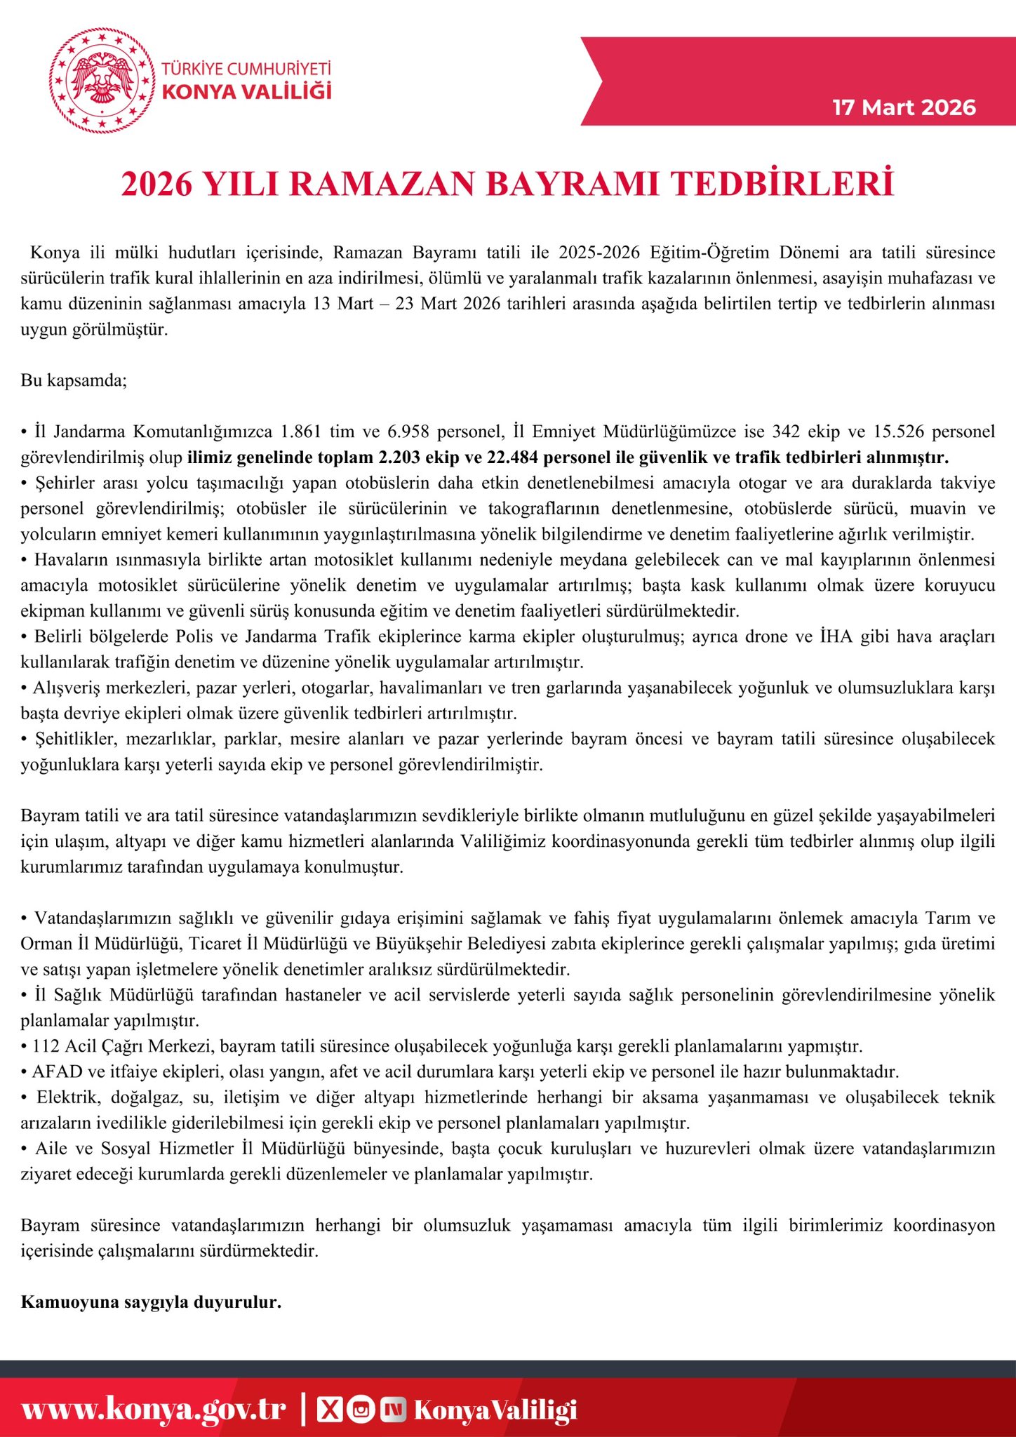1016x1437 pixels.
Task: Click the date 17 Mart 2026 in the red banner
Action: [904, 107]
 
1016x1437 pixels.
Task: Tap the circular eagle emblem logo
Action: [102, 80]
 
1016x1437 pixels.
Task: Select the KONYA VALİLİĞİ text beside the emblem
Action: [246, 92]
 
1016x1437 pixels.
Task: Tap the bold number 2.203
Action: [401, 457]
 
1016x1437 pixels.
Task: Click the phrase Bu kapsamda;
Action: [74, 380]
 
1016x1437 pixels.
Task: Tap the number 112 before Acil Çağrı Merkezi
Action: [46, 1046]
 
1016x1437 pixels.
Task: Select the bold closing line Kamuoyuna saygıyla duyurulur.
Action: [151, 1302]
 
